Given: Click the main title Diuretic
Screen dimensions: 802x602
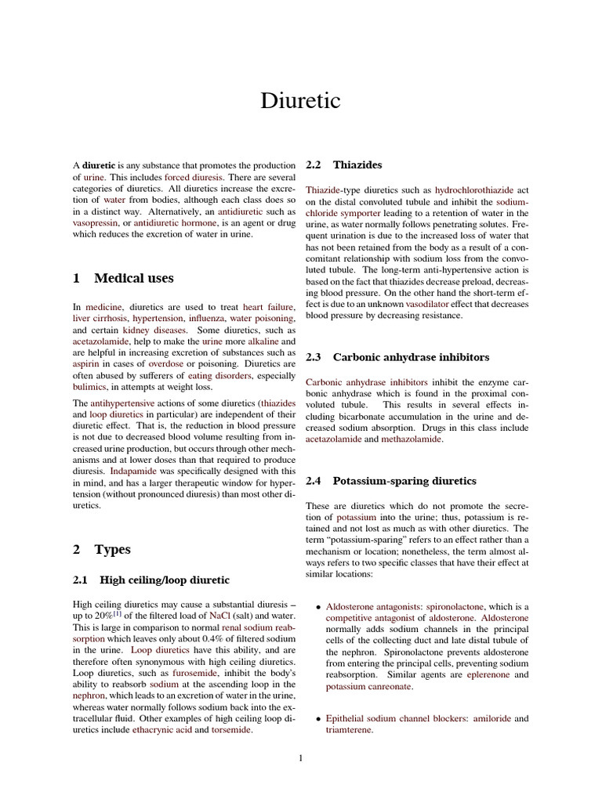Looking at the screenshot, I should (301, 101).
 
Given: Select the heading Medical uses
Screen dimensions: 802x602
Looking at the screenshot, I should (123, 278).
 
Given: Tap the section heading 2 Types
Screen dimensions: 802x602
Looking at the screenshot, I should (102, 549).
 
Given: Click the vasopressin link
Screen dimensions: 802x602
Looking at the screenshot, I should (95, 223).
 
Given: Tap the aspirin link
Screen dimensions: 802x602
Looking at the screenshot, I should (87, 364).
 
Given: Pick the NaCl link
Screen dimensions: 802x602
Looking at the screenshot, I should (220, 616).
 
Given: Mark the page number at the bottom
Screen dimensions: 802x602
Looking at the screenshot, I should (300, 757).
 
